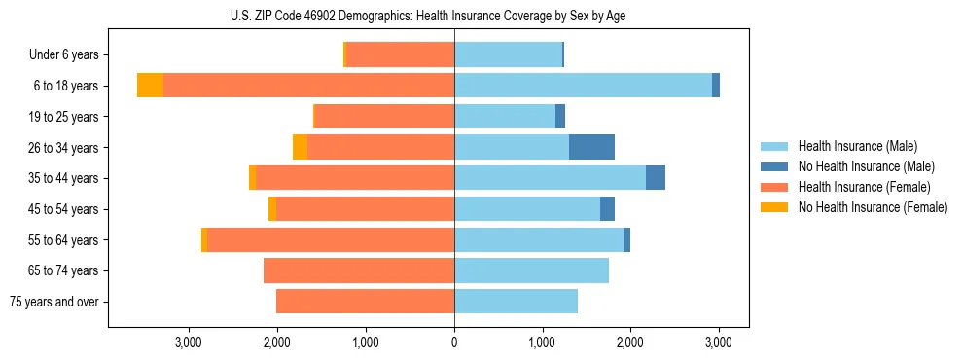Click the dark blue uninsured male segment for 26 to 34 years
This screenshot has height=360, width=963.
(x=591, y=147)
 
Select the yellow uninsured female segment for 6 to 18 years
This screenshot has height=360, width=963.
(x=150, y=86)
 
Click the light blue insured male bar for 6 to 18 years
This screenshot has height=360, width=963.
(x=583, y=86)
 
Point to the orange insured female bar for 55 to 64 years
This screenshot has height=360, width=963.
(x=331, y=239)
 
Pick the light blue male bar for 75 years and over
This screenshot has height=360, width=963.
(x=516, y=302)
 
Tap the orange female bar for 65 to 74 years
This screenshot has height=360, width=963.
(x=359, y=270)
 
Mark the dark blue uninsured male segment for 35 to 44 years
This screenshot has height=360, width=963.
(x=656, y=178)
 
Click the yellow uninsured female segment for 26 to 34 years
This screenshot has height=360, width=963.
(x=300, y=147)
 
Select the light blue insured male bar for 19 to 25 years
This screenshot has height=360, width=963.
(x=505, y=117)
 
